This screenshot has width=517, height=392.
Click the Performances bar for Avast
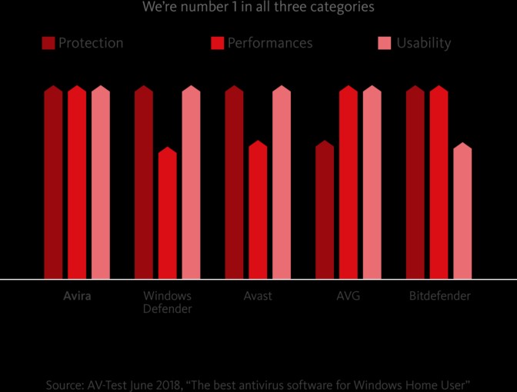tap(258, 211)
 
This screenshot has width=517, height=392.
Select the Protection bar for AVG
tap(325, 211)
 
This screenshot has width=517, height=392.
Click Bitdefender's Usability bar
tap(462, 212)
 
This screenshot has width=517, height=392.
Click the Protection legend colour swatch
tap(48, 43)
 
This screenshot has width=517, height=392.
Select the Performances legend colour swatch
tap(217, 43)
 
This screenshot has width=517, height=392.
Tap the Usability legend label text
tap(423, 43)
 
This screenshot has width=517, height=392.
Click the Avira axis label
tap(77, 296)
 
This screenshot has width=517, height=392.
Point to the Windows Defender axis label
tap(168, 302)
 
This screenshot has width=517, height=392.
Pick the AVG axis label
tap(349, 296)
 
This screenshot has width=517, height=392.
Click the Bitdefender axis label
tap(439, 296)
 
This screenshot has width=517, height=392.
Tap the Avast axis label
tap(258, 296)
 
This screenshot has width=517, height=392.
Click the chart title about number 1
tap(258, 8)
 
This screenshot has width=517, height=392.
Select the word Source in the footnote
tap(63, 383)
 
